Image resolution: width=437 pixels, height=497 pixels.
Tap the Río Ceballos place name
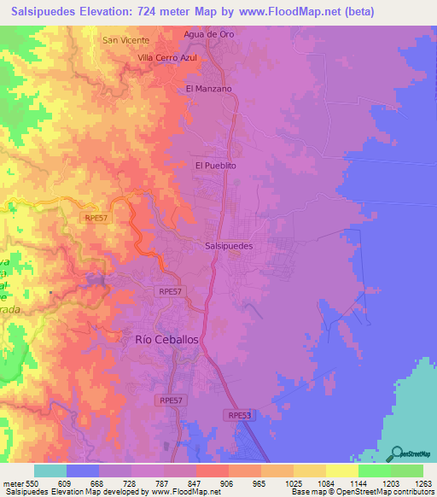pos(167,339)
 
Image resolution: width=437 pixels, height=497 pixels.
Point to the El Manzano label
pos(208,88)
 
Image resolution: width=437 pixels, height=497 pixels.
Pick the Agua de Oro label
pos(208,34)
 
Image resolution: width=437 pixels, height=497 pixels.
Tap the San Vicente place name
pos(125,40)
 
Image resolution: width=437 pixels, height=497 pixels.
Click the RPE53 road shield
pos(240,414)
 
